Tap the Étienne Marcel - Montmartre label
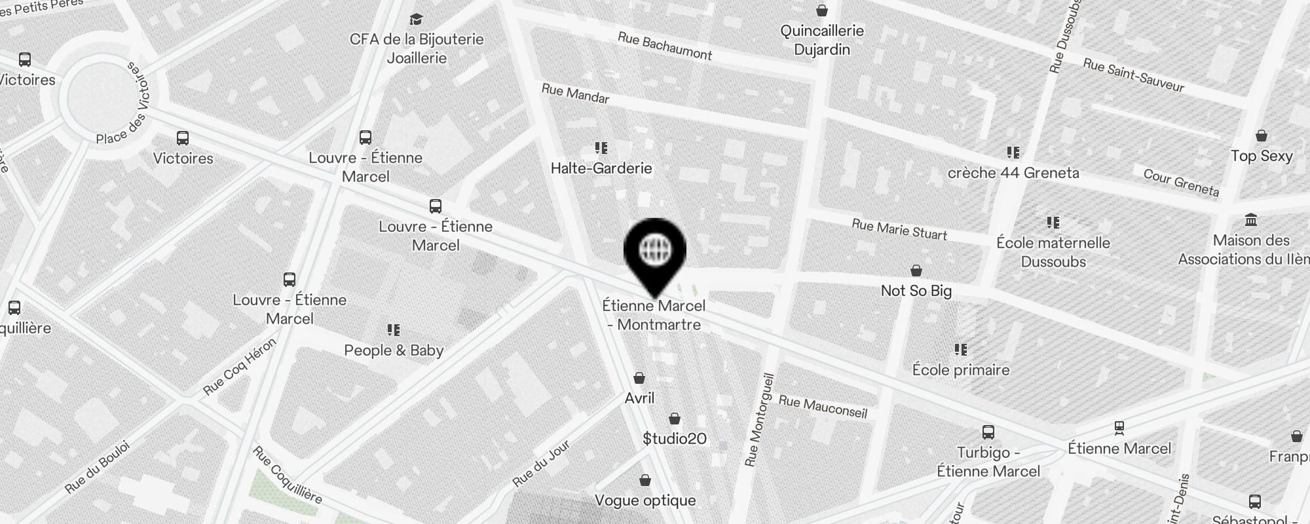pos(654,315)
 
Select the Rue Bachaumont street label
pos(664,47)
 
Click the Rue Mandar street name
pos(575,94)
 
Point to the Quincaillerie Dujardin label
pos(822,40)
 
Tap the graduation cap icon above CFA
pos(416,19)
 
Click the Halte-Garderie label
pos(601,168)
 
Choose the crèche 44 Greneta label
pos(1013,173)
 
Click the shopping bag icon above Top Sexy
pos(1261,136)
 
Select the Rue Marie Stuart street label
pos(899,229)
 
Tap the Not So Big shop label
pos(916,291)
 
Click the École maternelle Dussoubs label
pos(1053,252)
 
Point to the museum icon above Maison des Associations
pos(1250,219)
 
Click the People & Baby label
pos(394,350)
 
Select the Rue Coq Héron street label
pos(240,367)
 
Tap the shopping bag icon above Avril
pos(639,378)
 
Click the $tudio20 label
pos(675,439)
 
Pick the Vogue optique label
pos(645,500)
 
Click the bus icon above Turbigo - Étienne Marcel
pos(988,432)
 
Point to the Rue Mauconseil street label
pos(823,407)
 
